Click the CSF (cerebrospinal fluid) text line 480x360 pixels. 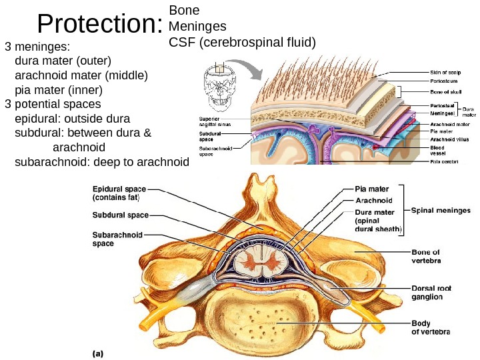pos(242,43)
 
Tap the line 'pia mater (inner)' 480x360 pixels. pos(58,89)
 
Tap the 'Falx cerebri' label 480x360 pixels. pos(445,161)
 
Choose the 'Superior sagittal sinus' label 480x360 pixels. pos(215,121)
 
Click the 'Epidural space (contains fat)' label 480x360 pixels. pos(119,193)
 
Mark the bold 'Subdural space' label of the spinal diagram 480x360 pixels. pos(120,215)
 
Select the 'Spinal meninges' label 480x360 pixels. pos(440,210)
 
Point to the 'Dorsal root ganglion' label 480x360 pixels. pos(431,292)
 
